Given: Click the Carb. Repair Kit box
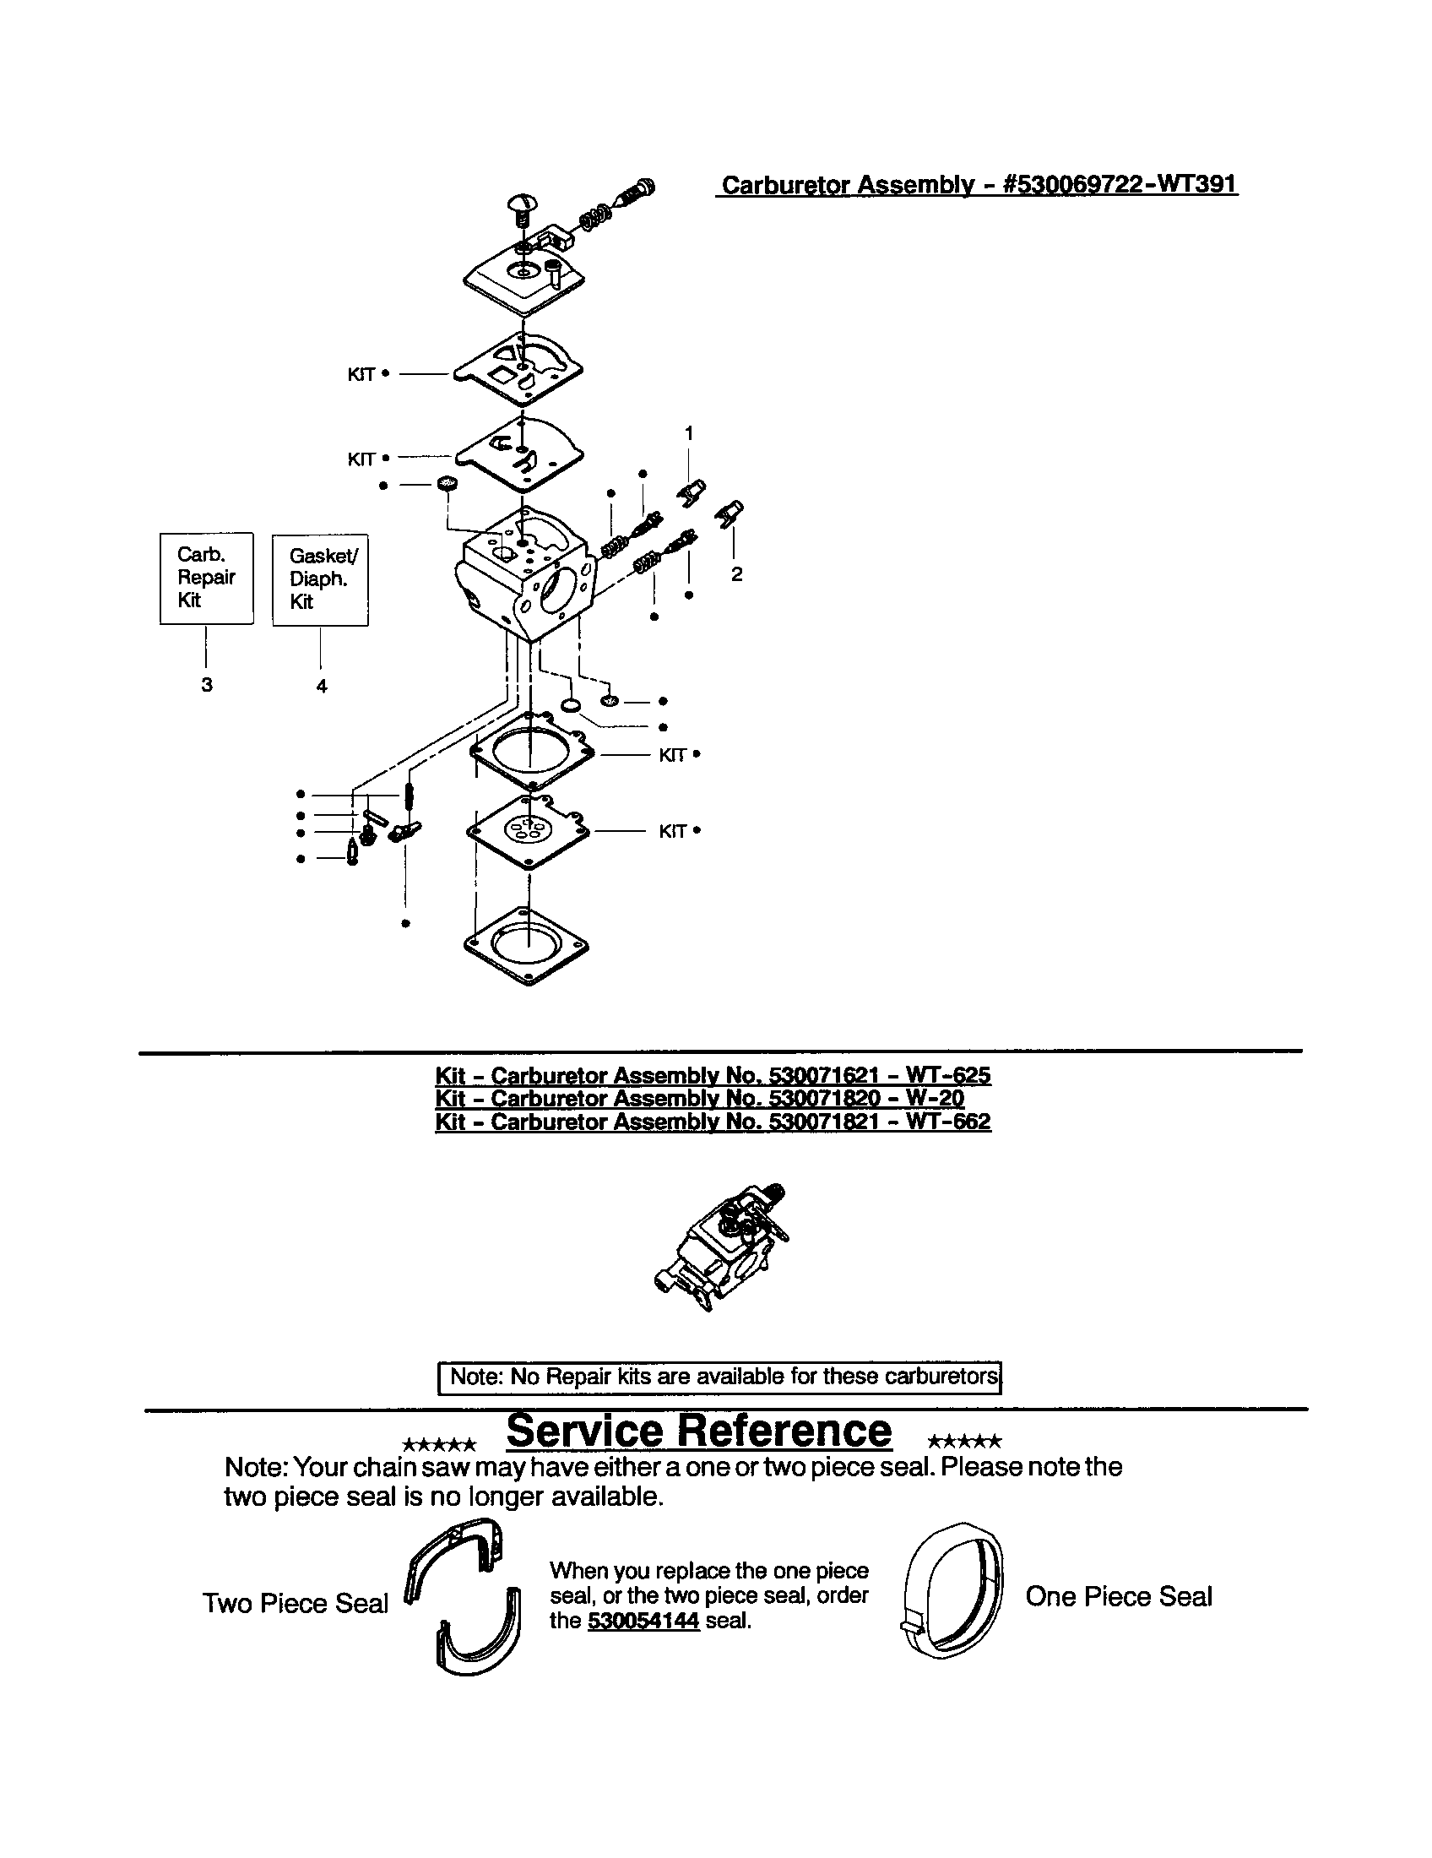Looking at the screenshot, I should [207, 578].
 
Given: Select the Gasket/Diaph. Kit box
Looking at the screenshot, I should [320, 579].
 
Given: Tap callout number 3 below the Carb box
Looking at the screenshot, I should [207, 685].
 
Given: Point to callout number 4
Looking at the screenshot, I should [322, 686].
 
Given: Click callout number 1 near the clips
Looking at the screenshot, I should [689, 433].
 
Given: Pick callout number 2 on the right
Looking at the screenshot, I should [736, 574].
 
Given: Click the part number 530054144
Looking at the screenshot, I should [643, 1620].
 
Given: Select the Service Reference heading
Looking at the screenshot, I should [699, 1431].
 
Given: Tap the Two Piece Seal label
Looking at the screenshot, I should [295, 1603].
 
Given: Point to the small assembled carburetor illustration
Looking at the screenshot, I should [721, 1247].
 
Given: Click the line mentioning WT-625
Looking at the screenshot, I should [713, 1075].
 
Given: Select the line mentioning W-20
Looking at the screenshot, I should [699, 1098].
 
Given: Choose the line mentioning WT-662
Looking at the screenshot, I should [713, 1122].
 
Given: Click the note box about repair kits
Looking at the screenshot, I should [719, 1377].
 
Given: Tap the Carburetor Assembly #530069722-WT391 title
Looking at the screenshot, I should [978, 185].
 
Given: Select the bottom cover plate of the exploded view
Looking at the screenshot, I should [527, 944].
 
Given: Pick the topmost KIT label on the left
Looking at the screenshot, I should [362, 374].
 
